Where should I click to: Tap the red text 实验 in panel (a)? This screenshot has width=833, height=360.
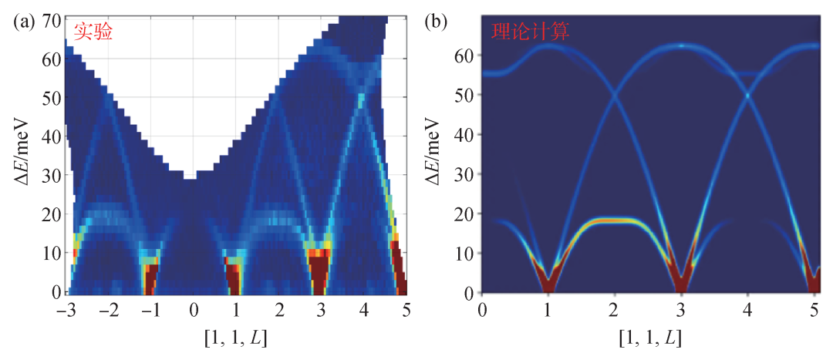(93, 32)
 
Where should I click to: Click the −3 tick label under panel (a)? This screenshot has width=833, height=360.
(65, 310)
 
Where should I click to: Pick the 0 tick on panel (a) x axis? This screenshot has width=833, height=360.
(194, 310)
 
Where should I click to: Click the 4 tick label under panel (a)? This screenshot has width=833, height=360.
(363, 310)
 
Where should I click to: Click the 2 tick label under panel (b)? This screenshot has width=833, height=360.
(614, 310)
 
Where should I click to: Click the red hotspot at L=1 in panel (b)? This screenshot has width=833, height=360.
(548, 283)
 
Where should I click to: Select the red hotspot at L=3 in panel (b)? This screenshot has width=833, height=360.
(681, 281)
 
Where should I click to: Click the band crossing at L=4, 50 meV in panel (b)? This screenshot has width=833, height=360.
(747, 95)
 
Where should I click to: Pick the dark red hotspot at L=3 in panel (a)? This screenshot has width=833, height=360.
(320, 271)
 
